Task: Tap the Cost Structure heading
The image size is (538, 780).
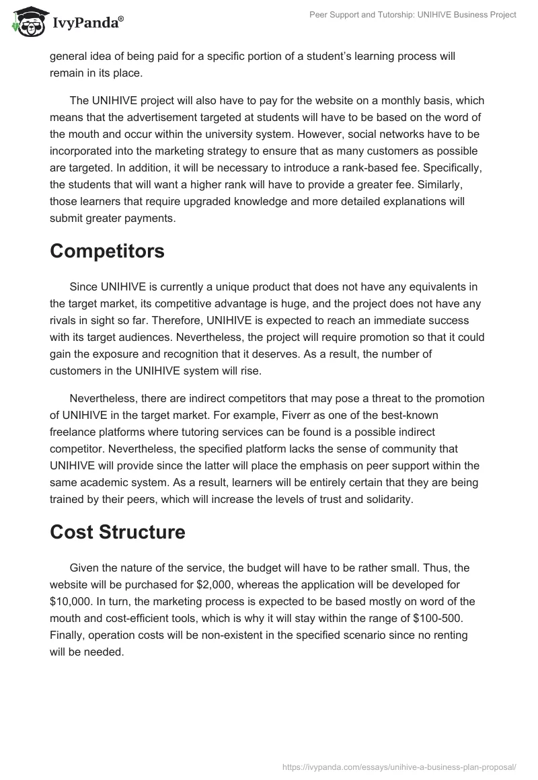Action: click(x=117, y=531)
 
